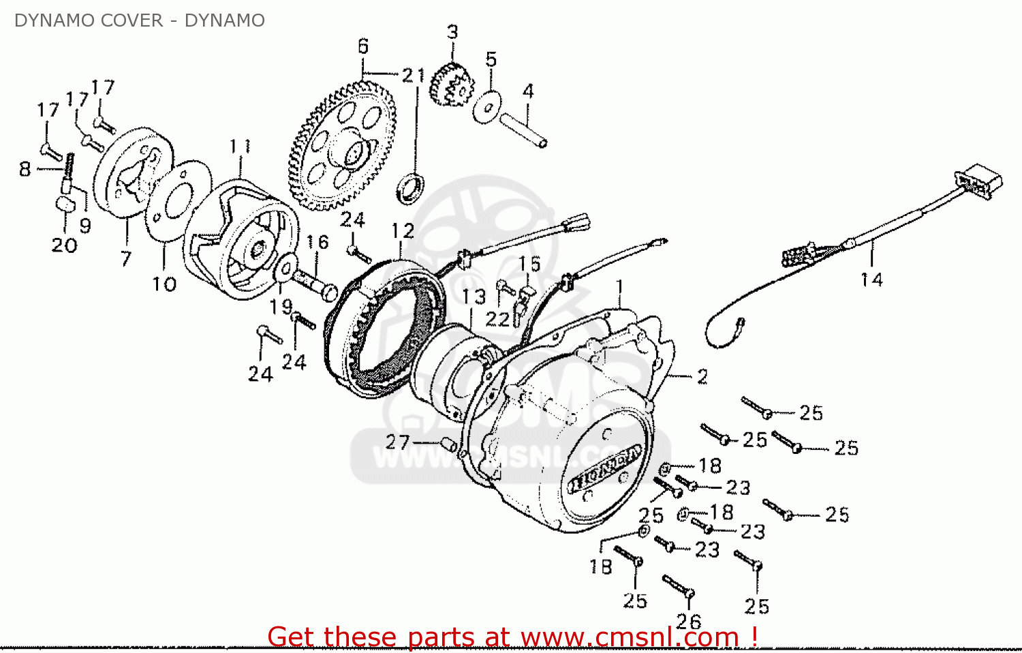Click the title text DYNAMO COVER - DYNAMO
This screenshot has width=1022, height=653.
click(139, 20)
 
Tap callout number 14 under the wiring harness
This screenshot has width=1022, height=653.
click(871, 279)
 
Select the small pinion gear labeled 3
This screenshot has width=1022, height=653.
click(451, 85)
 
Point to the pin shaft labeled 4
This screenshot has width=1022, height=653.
click(524, 129)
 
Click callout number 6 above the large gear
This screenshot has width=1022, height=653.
click(363, 46)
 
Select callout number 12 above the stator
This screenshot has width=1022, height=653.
click(403, 231)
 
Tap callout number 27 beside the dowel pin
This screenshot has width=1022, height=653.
click(397, 442)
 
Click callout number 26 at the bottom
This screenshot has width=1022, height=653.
click(688, 621)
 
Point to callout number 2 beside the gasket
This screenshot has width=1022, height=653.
click(702, 376)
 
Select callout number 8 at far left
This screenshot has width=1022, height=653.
click(25, 168)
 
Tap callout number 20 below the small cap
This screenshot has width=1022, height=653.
click(64, 245)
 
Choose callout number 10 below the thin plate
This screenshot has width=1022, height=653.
click(164, 284)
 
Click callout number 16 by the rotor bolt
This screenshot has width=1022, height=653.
click(317, 242)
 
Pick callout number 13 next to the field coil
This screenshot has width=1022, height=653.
click(474, 297)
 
